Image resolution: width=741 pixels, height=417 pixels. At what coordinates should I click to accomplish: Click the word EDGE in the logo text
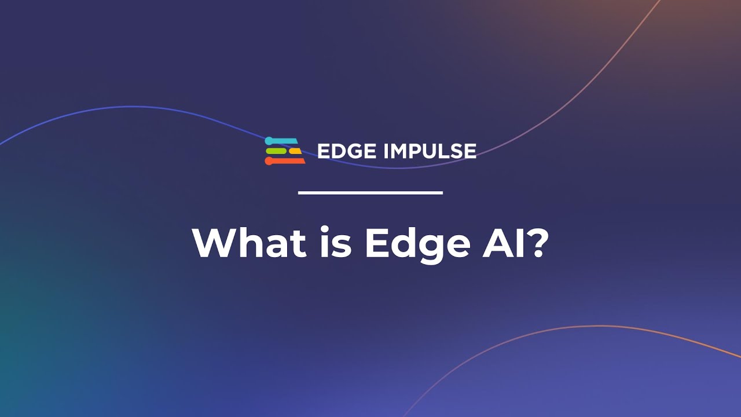pos(346,152)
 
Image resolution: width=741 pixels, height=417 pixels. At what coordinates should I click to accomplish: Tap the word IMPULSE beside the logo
pos(430,152)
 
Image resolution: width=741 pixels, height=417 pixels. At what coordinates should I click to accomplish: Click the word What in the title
pos(250,244)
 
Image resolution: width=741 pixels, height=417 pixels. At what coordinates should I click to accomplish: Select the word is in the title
pos(335,244)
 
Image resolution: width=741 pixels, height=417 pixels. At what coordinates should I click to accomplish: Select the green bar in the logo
pos(276,151)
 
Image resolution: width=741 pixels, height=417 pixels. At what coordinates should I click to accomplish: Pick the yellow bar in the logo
pos(295,151)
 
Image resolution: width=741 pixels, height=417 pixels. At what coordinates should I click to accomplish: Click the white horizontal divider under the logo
pos(370,192)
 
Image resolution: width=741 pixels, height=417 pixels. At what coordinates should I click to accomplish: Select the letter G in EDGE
pos(354,152)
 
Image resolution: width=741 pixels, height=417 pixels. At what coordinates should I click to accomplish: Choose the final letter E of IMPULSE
pos(471,152)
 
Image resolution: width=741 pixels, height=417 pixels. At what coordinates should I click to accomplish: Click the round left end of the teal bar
pos(269,141)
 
